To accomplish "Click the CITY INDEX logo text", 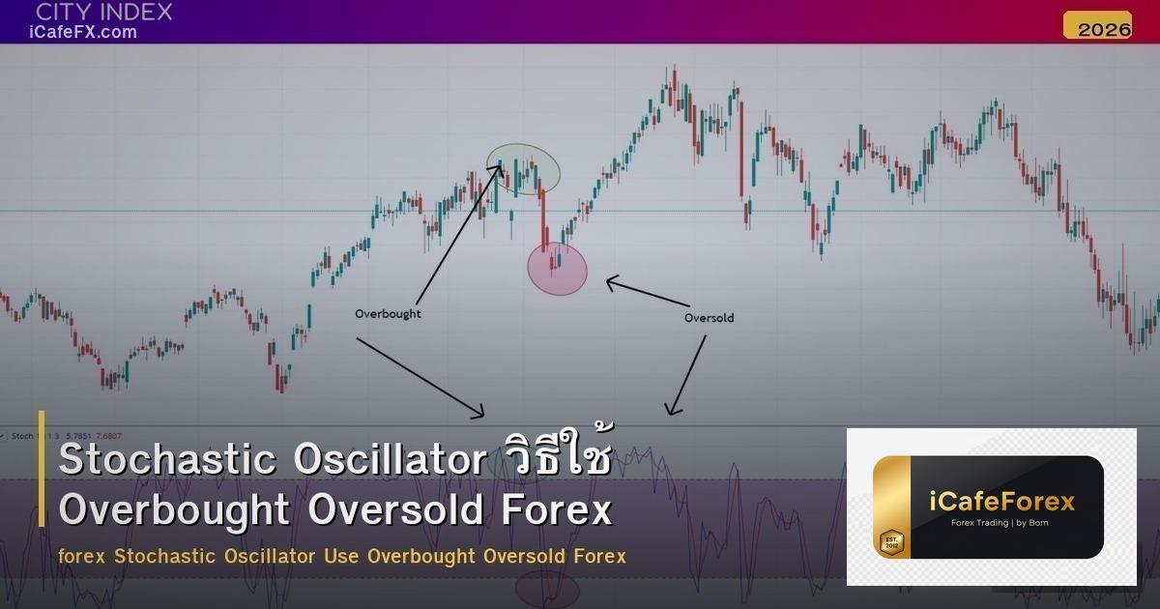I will tap(103, 13).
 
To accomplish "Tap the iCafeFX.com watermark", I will tap(82, 32).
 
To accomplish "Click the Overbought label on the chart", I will tap(388, 314).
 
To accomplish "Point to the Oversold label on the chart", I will tap(709, 317).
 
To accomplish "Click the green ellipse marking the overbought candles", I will tap(523, 169).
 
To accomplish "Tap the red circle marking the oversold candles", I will tap(558, 269).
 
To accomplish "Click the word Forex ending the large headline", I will tap(567, 510).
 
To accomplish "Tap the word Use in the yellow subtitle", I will tap(342, 557).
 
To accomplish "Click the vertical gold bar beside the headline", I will tap(42, 468).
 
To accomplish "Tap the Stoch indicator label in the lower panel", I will tap(22, 436).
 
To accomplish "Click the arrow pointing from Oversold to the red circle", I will tap(648, 294).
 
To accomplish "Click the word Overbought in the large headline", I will tap(174, 510).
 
